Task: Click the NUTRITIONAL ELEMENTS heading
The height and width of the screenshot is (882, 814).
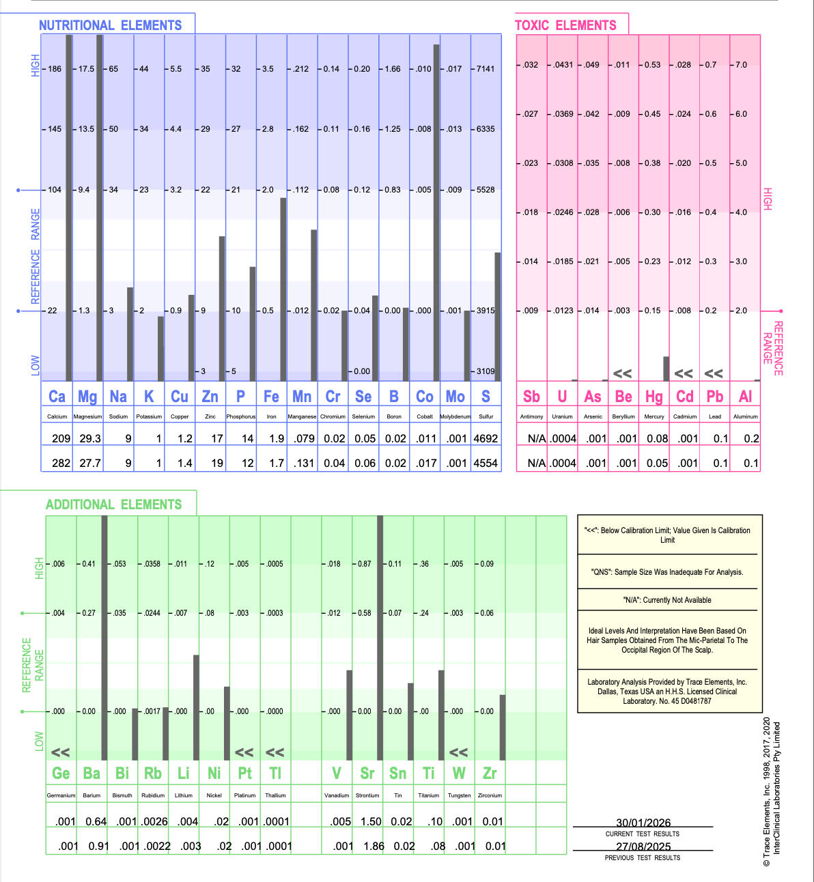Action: (x=110, y=25)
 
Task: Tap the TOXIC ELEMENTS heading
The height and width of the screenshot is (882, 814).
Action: (x=565, y=25)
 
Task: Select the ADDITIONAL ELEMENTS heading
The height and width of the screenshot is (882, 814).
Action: (x=113, y=504)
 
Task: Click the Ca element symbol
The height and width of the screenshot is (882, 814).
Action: (x=57, y=397)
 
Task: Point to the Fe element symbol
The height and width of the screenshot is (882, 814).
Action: (x=271, y=397)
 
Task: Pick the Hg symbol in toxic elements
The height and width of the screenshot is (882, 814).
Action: (x=654, y=397)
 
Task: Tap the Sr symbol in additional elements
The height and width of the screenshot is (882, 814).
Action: (x=367, y=773)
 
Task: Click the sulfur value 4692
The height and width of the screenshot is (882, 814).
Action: (x=486, y=439)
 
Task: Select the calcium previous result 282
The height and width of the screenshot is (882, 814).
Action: (x=61, y=463)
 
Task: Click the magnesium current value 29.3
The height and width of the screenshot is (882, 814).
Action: (x=90, y=439)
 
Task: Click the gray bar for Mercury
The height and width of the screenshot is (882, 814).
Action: (x=666, y=369)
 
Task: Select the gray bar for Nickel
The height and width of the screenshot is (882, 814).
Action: (x=227, y=723)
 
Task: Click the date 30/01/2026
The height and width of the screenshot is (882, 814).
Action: (x=643, y=823)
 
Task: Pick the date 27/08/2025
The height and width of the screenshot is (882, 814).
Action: (x=643, y=847)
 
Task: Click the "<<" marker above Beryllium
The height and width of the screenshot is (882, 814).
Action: (x=622, y=373)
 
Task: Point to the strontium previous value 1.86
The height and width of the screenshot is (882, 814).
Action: (x=374, y=846)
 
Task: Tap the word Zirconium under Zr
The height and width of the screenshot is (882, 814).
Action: (x=490, y=795)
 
